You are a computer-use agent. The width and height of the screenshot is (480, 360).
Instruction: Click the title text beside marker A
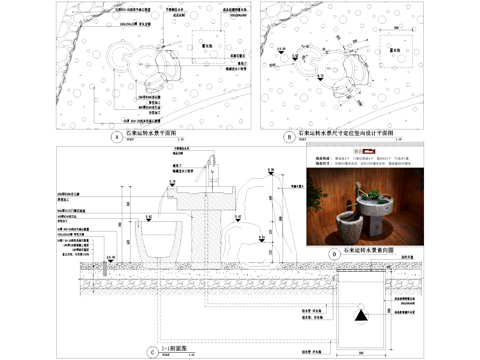151,131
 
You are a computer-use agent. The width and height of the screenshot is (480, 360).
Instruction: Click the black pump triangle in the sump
358,313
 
